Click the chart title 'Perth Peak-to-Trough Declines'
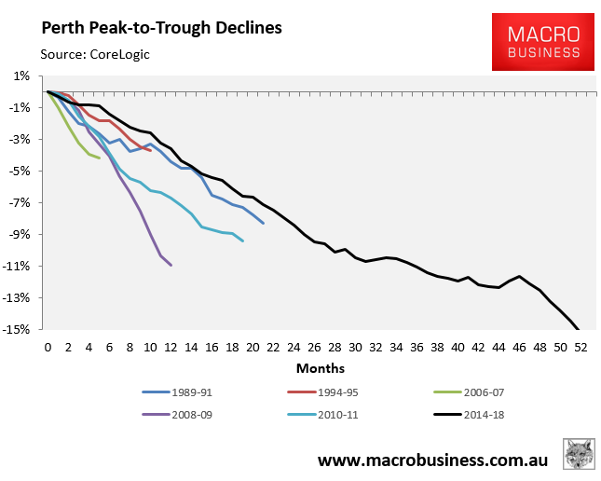tap(160, 27)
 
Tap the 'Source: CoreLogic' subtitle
tap(95, 54)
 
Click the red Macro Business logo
tap(542, 42)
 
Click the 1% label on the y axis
tap(23, 76)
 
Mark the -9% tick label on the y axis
tap(22, 234)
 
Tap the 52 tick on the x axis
tap(580, 347)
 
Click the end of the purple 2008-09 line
tap(171, 266)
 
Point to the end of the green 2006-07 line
tap(99, 158)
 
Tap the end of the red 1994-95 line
tap(150, 150)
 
